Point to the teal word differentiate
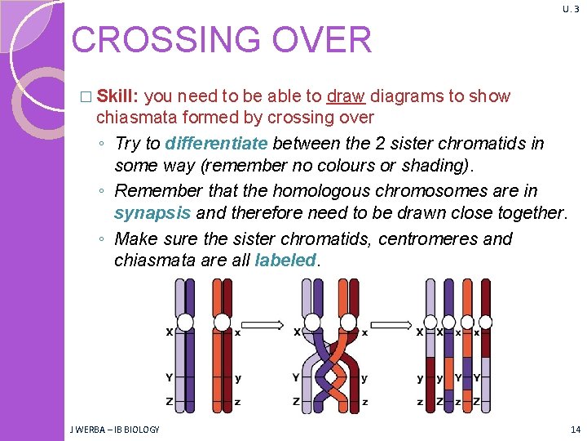pyautogui.click(x=216, y=144)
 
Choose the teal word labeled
pyautogui.click(x=285, y=260)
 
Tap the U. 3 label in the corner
pyautogui.click(x=571, y=9)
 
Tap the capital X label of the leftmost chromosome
pyautogui.click(x=170, y=332)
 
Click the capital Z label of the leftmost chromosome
pyautogui.click(x=169, y=402)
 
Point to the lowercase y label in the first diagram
pyautogui.click(x=238, y=378)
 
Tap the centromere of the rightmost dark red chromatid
pyautogui.click(x=485, y=323)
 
